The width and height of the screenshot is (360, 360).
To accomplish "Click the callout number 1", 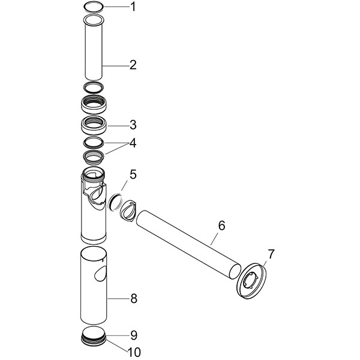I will pyautogui.click(x=133, y=7).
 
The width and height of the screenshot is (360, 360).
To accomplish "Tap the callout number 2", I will pyautogui.click(x=133, y=64).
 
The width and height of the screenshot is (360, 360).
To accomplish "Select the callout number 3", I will pyautogui.click(x=133, y=125).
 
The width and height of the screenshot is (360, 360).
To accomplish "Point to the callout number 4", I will pyautogui.click(x=133, y=143).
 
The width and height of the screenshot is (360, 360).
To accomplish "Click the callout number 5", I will pyautogui.click(x=133, y=175).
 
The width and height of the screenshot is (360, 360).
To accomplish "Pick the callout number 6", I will pyautogui.click(x=221, y=226).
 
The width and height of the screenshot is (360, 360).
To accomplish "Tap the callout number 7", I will pyautogui.click(x=271, y=254).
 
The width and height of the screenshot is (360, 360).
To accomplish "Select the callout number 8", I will pyautogui.click(x=133, y=297).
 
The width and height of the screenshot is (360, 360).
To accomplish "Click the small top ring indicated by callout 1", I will pyautogui.click(x=93, y=7).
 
